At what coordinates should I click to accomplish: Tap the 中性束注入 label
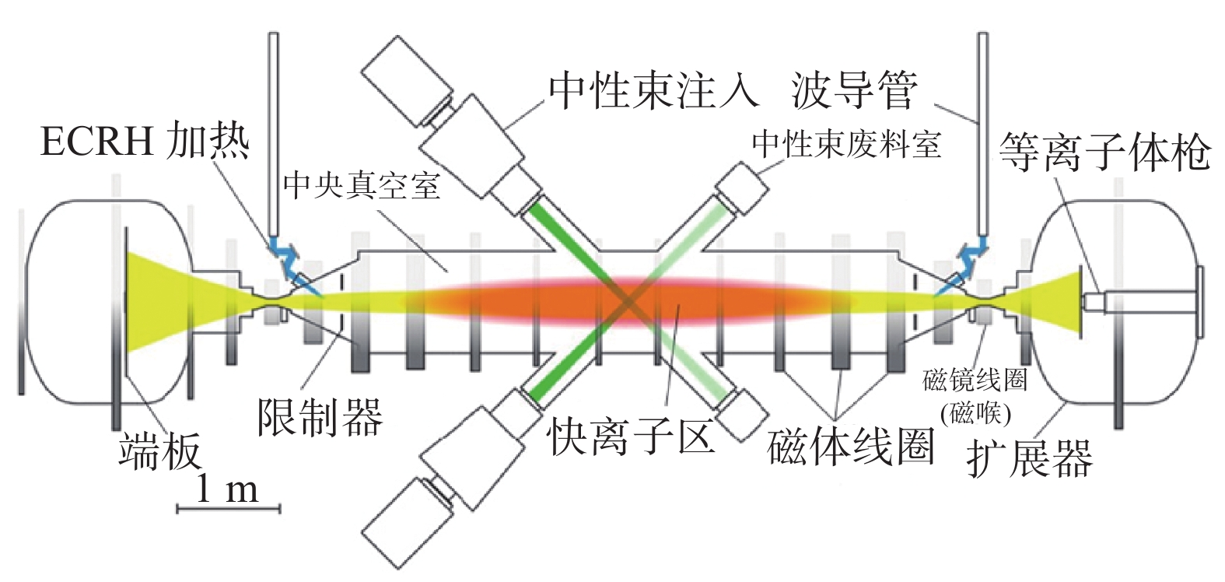(x=653, y=90)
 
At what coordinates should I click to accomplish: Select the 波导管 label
(x=854, y=90)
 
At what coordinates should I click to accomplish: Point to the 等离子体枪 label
(x=1104, y=153)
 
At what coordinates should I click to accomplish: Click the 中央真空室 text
(x=362, y=186)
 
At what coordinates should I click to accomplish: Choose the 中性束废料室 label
(x=846, y=145)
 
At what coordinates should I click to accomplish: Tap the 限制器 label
(x=320, y=416)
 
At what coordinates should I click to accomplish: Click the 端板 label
(x=159, y=451)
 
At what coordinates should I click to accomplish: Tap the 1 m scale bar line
(x=229, y=509)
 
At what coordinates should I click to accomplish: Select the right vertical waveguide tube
(x=982, y=132)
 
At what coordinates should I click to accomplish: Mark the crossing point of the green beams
(x=627, y=301)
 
